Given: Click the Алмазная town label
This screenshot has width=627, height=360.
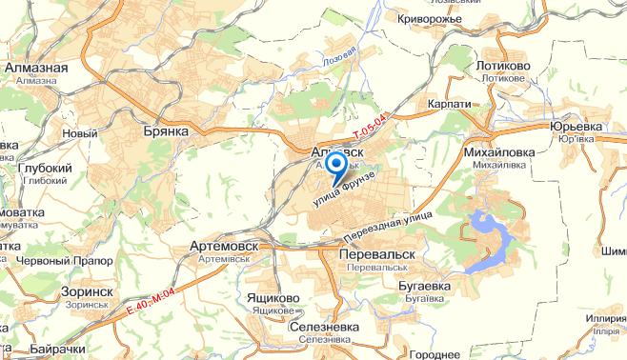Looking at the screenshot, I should pyautogui.click(x=35, y=69).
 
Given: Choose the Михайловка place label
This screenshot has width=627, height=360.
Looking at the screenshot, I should pyautogui.click(x=497, y=150).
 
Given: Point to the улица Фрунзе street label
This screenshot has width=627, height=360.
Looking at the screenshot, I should pyautogui.click(x=352, y=191).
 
